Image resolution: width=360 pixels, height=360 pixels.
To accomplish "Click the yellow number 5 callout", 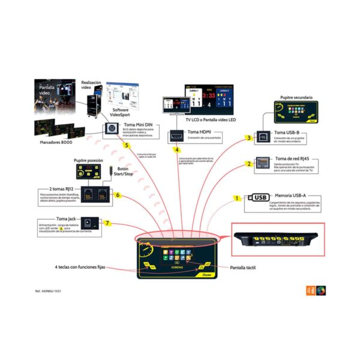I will click(127, 145).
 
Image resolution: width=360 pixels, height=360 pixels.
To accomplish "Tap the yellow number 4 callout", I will click(177, 149).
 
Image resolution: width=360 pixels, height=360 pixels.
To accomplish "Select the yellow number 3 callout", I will click(248, 138).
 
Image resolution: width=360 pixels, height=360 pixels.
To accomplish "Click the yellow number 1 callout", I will click(237, 198).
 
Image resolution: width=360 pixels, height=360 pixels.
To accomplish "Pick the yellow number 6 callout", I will click(118, 195).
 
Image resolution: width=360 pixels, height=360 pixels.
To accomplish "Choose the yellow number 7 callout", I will click(107, 223).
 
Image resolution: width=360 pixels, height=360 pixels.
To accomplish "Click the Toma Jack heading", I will click(65, 219).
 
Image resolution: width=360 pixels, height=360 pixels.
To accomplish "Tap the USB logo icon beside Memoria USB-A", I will click(259, 197).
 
